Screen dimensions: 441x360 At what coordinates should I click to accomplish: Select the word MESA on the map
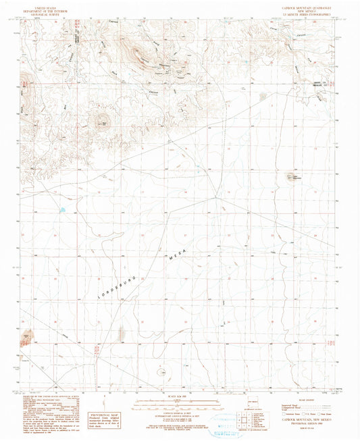point(174,253)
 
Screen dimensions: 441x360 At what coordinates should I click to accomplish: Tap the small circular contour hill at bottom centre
point(163,371)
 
